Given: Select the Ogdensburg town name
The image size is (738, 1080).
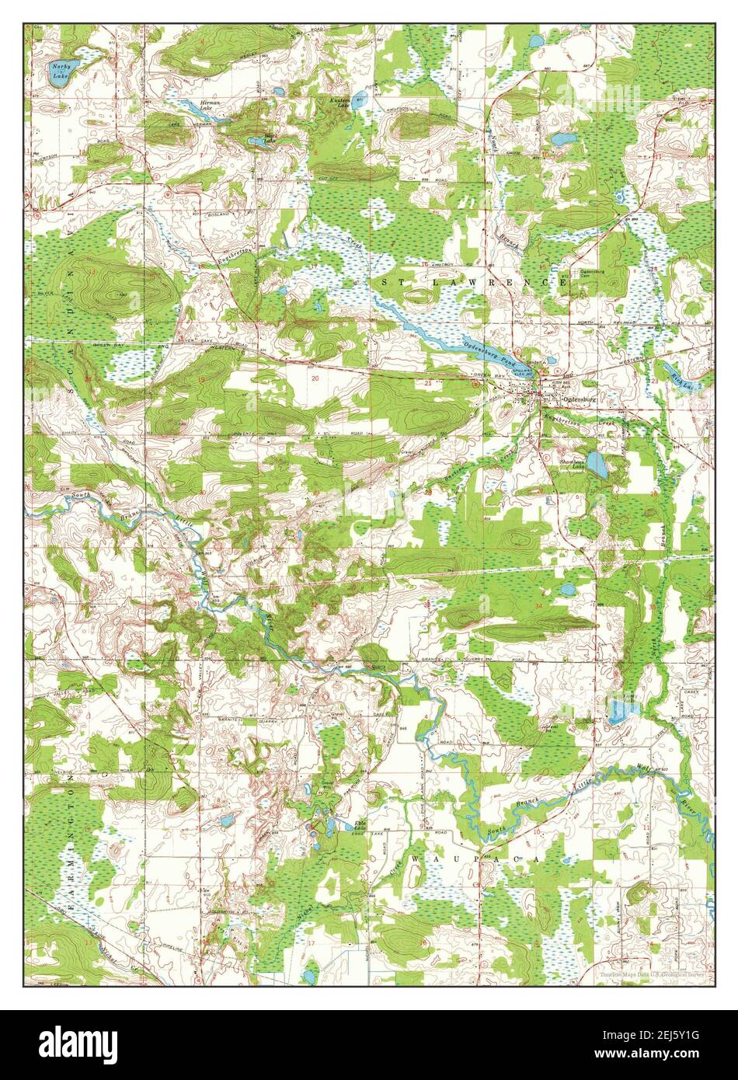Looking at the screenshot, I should [578, 400].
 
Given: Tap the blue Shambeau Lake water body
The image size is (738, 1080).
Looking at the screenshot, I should [597, 464].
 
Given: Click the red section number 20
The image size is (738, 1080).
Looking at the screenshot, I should [315, 378].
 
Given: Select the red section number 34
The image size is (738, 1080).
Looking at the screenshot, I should [538, 605].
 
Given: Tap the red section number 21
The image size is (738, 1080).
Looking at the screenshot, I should [428, 382].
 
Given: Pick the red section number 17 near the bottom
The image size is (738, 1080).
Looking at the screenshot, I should [312, 945].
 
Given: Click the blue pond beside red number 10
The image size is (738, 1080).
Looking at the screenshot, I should [562, 140].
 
